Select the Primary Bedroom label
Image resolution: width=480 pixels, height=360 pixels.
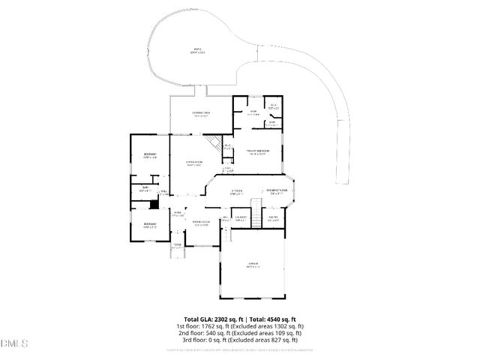pyautogui.click(x=257, y=153)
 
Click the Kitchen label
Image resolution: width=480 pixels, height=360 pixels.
pyautogui.click(x=236, y=193)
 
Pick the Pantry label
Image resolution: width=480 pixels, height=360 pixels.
pyautogui.click(x=274, y=218)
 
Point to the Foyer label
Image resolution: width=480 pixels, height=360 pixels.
pyautogui.click(x=178, y=214)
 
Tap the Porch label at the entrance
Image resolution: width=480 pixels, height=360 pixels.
pyautogui.click(x=178, y=246)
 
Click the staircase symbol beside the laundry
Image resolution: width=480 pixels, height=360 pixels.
pyautogui.click(x=255, y=212)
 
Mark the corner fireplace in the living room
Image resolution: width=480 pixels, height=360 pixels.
pyautogui.click(x=214, y=142)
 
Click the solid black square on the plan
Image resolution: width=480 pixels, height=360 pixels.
pyautogui.click(x=154, y=204)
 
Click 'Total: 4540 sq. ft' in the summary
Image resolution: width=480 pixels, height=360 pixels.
pyautogui.click(x=272, y=319)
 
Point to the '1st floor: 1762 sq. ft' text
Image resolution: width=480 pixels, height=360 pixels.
pyautogui.click(x=203, y=326)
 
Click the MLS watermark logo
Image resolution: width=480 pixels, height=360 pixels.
pyautogui.click(x=14, y=343)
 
